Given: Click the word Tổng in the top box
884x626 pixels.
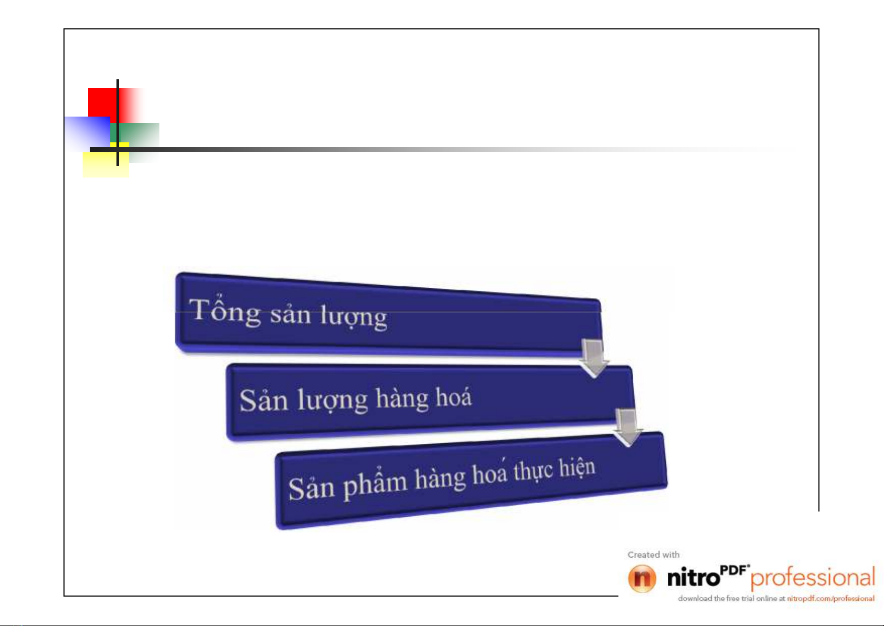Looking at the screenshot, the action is coord(225,311).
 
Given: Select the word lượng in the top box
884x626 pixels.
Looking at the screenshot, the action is coord(354,318).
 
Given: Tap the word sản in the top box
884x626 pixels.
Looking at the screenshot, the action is coord(291,315).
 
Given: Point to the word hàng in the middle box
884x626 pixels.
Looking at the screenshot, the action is coord(402,399).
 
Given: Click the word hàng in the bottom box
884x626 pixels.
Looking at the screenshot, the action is coord(440,478).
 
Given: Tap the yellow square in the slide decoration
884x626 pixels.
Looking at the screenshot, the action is coord(106,164).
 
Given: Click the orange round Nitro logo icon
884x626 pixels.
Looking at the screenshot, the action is coord(642,578).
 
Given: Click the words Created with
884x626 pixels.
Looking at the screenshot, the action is coord(654,555).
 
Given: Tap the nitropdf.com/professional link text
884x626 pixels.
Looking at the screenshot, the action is coord(830,598).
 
